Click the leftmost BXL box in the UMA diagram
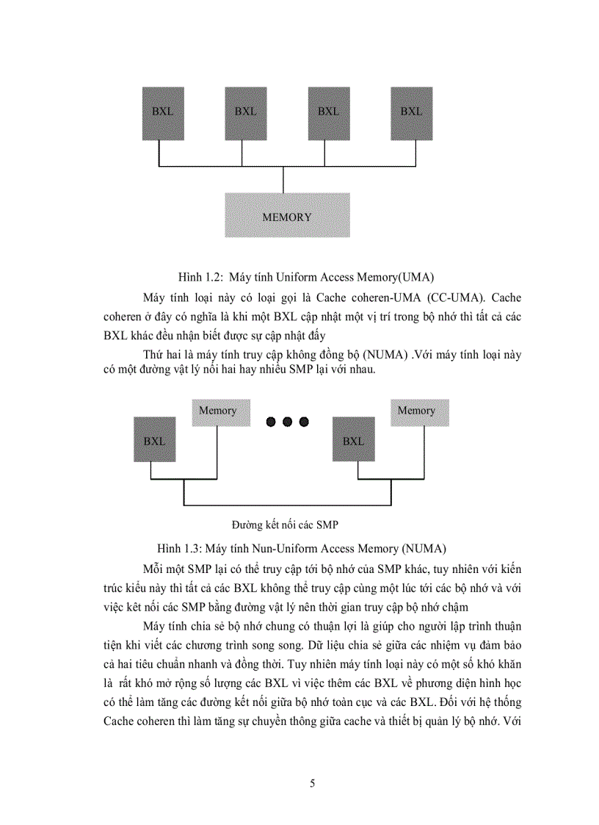(163, 112)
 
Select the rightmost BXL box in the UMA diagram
(411, 112)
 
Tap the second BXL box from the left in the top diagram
(246, 112)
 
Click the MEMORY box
(287, 215)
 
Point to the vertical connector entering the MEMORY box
(283, 180)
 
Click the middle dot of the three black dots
(287, 422)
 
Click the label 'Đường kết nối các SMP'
(284, 525)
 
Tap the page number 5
(313, 784)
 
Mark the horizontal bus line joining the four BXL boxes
(283, 166)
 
